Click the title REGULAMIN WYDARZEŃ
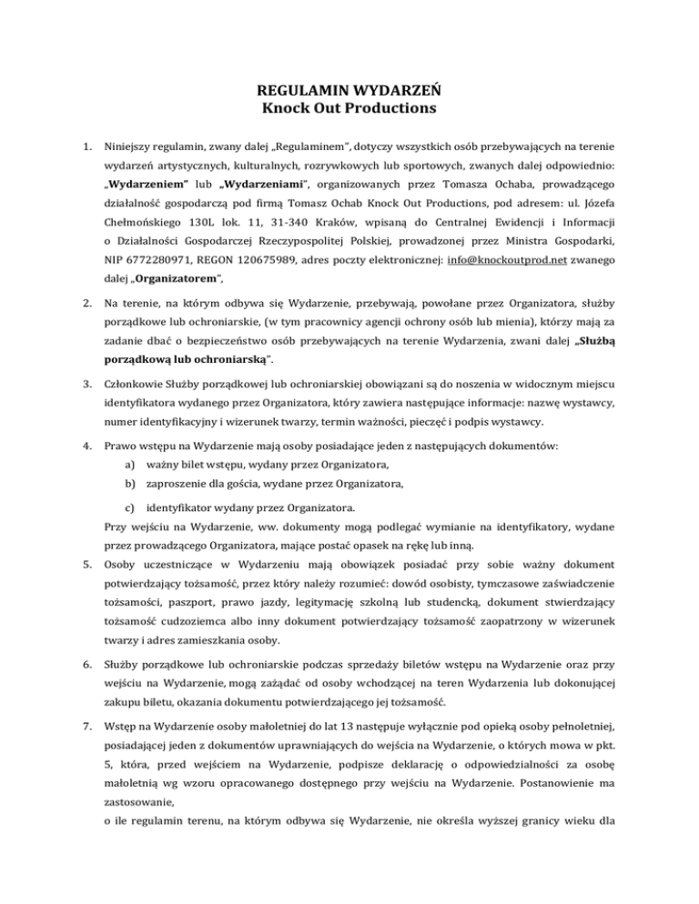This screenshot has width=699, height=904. (350, 91)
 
